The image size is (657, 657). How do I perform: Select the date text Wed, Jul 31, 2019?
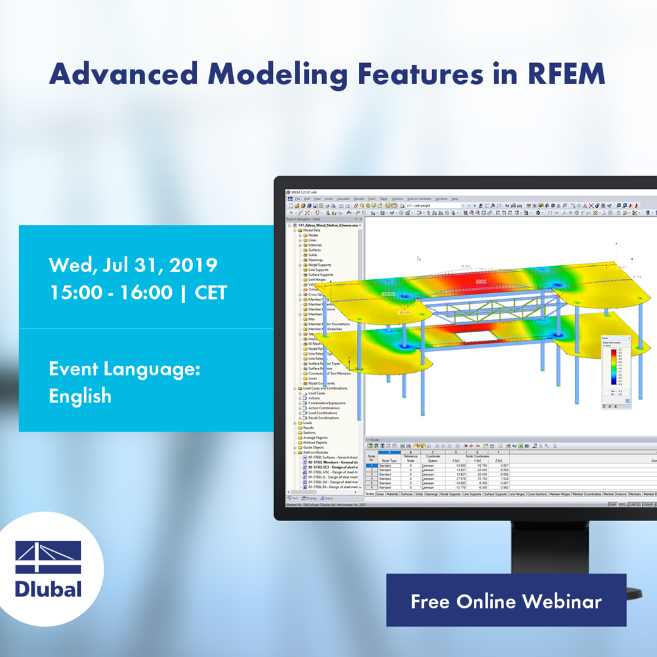[x=133, y=264]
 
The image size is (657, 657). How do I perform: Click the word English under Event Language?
[x=80, y=396]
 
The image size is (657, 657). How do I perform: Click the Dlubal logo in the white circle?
[x=48, y=569]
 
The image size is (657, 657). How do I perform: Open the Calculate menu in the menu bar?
[x=343, y=199]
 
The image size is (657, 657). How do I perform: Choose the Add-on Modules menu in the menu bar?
[x=419, y=199]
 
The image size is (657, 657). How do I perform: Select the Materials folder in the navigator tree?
[x=315, y=245]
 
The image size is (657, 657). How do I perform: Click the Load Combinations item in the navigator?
[x=323, y=413]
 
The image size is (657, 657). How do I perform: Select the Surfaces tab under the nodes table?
[x=407, y=494]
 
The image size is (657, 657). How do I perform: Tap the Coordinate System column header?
[x=433, y=459]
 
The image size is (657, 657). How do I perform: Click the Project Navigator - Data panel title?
[x=303, y=219]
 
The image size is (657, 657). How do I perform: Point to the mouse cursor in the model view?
[x=418, y=258]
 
